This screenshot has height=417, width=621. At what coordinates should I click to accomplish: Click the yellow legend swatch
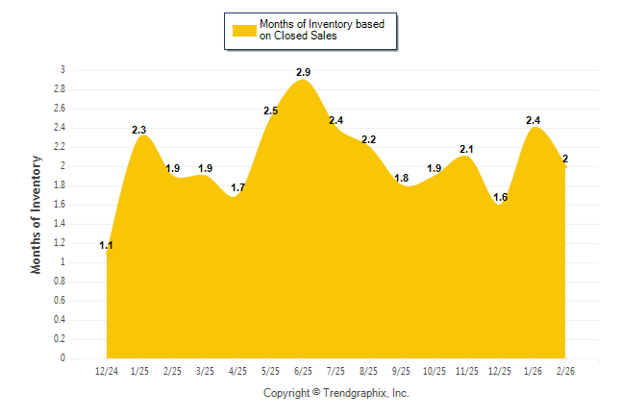tap(244, 30)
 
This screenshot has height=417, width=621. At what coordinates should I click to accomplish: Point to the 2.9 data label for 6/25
tap(303, 72)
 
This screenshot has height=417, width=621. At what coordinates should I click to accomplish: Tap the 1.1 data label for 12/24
tap(107, 246)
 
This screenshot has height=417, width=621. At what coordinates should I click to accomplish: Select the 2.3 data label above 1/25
tap(139, 130)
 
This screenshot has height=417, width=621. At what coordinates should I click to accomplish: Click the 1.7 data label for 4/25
tap(238, 187)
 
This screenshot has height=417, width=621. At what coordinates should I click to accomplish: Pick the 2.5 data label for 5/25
tap(270, 111)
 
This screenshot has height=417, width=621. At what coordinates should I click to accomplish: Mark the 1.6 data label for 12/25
tap(500, 197)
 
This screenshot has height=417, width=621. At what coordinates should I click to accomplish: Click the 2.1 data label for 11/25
tap(467, 149)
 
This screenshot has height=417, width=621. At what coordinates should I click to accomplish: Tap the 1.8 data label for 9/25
tap(402, 178)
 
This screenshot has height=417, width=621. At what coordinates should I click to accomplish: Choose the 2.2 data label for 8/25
tap(368, 139)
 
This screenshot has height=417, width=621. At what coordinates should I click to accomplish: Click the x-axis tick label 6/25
tap(303, 371)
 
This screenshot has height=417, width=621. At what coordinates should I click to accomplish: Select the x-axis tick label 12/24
tap(107, 371)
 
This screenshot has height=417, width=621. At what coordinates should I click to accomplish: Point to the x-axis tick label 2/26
tap(565, 371)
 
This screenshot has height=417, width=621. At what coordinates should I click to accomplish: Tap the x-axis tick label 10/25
tap(435, 371)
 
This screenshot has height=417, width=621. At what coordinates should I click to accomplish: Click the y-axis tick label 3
tap(62, 70)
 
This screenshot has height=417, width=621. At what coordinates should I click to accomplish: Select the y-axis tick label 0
tap(62, 358)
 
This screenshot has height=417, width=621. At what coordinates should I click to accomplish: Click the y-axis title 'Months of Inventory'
tap(37, 214)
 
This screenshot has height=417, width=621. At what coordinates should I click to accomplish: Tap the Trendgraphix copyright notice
tap(336, 393)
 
